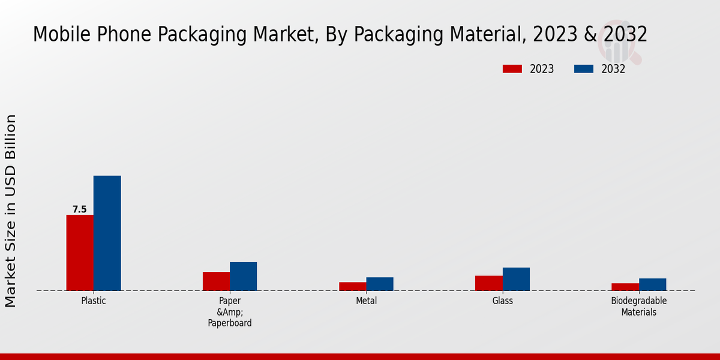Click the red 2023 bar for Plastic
coord(80,253)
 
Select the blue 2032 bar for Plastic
coord(107,233)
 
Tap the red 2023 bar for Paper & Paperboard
coord(216,281)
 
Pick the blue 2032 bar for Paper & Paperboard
coord(243,277)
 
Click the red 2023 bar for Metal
coord(352,286)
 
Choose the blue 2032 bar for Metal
coord(380,284)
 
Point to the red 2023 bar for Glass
coord(488,283)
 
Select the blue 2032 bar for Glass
coord(516,279)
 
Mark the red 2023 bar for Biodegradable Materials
coord(625,287)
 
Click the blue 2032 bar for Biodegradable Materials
coord(652,284)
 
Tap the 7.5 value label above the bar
coord(80,209)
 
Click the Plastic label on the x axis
coord(94,301)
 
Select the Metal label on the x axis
coord(366,301)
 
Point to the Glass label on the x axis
coord(502,301)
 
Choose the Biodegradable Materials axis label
coord(638,307)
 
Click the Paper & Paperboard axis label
coord(230,312)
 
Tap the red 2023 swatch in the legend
coord(512,69)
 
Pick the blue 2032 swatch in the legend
coord(583,69)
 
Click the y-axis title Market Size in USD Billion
coord(11,211)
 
